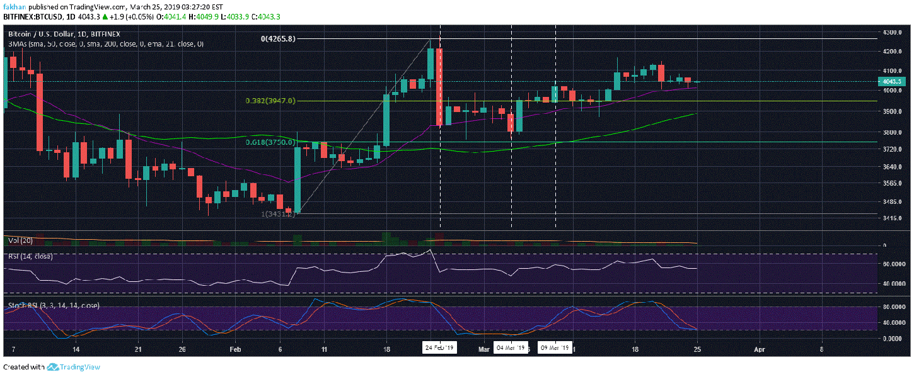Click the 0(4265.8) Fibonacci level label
(x=279, y=38)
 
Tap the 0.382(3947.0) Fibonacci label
(x=271, y=101)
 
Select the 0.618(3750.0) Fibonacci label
(x=271, y=142)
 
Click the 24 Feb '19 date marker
(x=439, y=347)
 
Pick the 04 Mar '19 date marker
(x=511, y=347)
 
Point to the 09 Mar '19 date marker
(x=555, y=347)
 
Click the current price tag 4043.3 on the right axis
(x=891, y=81)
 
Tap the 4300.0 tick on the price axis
(x=891, y=32)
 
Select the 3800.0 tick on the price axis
(x=891, y=132)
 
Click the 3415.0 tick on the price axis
(x=891, y=218)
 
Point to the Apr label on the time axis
(x=760, y=347)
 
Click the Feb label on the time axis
(x=234, y=347)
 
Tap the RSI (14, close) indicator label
(x=30, y=256)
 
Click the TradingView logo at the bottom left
(x=74, y=368)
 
